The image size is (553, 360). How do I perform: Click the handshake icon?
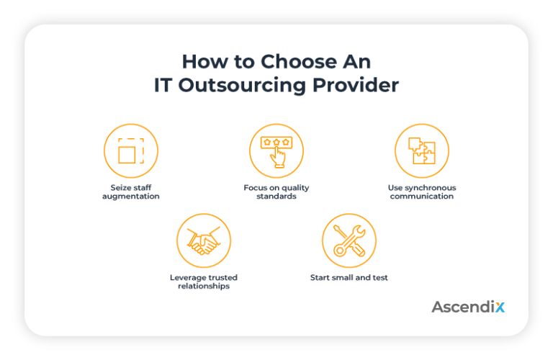203,240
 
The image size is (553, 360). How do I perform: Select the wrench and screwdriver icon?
349,240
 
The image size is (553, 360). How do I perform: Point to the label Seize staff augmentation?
130,192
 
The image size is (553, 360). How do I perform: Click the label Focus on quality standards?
276,192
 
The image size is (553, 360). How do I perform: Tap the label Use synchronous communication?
421,192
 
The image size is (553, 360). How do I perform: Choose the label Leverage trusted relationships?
203,282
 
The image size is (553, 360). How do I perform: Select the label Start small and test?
349,278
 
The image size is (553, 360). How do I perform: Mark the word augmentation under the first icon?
130,197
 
